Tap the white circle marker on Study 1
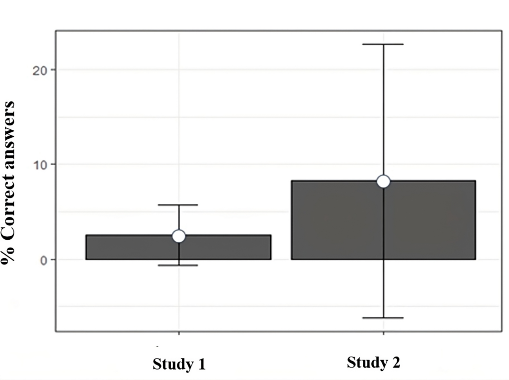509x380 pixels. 178,236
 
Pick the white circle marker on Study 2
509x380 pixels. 383,181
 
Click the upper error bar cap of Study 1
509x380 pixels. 178,205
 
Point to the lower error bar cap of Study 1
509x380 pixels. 178,265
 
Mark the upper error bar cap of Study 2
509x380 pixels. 383,44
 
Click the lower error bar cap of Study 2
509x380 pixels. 383,318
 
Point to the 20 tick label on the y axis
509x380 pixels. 40,71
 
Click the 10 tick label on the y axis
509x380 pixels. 40,165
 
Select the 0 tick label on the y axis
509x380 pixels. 44,261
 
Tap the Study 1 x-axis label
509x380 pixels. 179,364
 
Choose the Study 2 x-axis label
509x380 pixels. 373,363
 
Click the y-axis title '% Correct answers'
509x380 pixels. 8,183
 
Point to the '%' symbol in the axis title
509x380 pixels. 8,255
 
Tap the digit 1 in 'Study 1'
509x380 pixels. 202,364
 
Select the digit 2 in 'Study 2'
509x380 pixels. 396,362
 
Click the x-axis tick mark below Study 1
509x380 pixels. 179,334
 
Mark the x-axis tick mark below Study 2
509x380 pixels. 383,334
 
